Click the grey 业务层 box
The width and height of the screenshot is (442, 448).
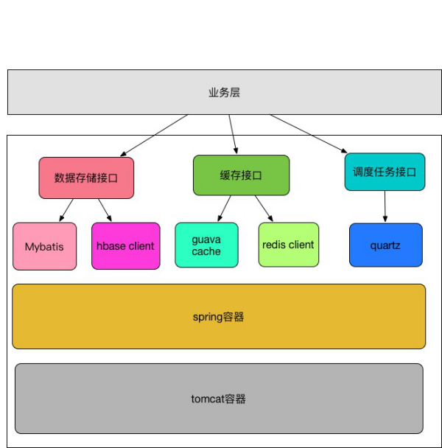pyautogui.click(x=224, y=92)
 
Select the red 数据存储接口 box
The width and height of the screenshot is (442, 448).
pyautogui.click(x=86, y=178)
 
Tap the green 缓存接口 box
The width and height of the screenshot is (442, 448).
pyautogui.click(x=241, y=175)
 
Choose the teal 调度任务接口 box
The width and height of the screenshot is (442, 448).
pyautogui.click(x=385, y=172)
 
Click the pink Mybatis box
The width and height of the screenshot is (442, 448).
pyautogui.click(x=44, y=246)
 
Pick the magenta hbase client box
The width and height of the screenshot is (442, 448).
pyautogui.click(x=125, y=246)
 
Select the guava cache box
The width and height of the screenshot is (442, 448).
pyautogui.click(x=206, y=245)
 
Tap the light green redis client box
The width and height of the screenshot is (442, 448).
pyautogui.click(x=288, y=245)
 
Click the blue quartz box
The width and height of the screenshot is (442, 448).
pyautogui.click(x=386, y=245)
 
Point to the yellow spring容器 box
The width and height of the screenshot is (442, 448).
pyautogui.click(x=219, y=316)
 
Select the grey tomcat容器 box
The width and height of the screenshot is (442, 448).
pyautogui.click(x=219, y=399)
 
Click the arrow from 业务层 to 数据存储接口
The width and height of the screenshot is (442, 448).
pyautogui.click(x=152, y=136)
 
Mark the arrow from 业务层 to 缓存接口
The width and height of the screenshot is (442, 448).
pyautogui.click(x=233, y=133)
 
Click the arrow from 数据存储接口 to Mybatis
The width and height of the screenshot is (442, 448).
pyautogui.click(x=67, y=210)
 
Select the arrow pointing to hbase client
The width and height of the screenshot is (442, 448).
pyautogui.click(x=105, y=210)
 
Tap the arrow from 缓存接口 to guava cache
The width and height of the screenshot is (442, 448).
pyautogui.click(x=224, y=209)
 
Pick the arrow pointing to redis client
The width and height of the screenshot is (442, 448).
pyautogui.click(x=264, y=209)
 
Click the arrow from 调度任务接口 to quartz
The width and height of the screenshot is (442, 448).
pyautogui.click(x=385, y=206)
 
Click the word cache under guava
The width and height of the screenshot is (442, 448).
pyautogui.click(x=206, y=252)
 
